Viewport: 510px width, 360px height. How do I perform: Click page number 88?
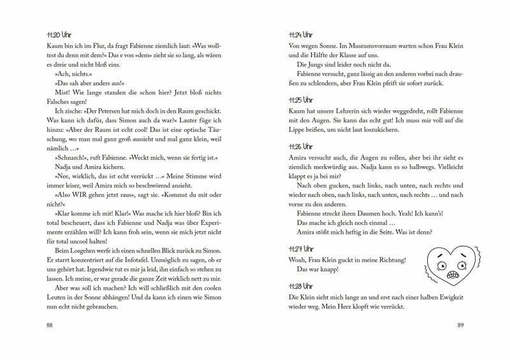click(x=50, y=326)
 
